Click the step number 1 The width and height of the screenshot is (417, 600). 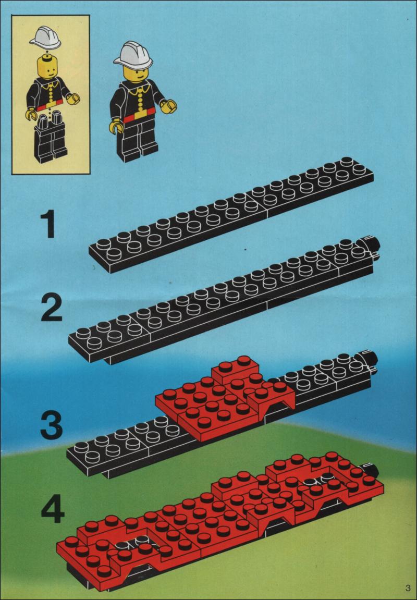click(x=50, y=225)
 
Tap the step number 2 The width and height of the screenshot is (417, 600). click(x=51, y=308)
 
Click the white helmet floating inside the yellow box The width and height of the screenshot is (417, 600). click(x=45, y=38)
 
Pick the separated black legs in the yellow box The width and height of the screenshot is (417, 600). click(x=50, y=138)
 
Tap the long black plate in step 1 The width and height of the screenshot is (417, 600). click(x=231, y=215)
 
